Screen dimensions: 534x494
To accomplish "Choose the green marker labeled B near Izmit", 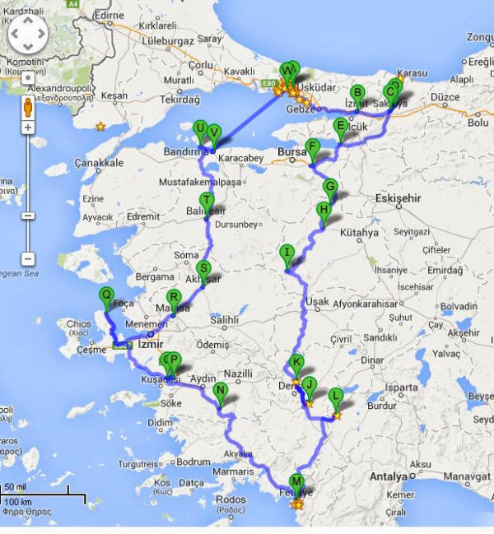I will click(x=357, y=93).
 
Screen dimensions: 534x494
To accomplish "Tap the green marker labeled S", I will click(x=203, y=270).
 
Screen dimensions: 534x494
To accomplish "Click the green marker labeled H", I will click(x=324, y=211).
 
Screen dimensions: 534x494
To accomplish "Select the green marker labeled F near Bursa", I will click(x=311, y=148).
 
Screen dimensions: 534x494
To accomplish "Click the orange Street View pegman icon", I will click(x=27, y=106).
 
